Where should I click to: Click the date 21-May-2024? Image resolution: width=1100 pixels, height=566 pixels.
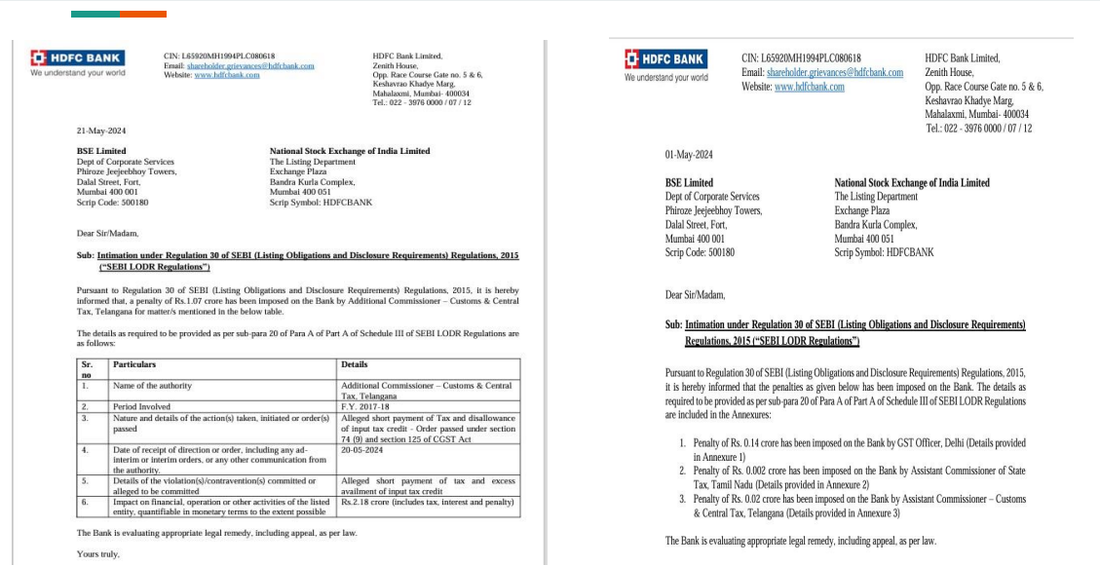click(101, 131)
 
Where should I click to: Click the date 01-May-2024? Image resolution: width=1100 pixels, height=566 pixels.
click(689, 155)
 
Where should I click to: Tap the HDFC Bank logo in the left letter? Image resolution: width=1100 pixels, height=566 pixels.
click(77, 58)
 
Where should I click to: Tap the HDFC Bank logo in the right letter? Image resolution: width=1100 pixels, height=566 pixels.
click(666, 58)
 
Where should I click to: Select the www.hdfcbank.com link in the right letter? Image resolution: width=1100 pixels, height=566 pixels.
click(809, 87)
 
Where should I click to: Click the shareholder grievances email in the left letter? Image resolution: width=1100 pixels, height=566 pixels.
click(250, 66)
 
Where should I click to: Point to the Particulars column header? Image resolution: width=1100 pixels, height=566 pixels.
click(134, 364)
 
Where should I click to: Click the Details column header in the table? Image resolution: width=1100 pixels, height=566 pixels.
click(354, 364)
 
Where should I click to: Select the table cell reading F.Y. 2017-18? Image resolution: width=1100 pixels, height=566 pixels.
click(360, 406)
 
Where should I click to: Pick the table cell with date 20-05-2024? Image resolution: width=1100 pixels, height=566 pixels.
click(362, 451)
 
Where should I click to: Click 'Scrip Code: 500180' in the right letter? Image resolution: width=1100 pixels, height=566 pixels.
click(700, 252)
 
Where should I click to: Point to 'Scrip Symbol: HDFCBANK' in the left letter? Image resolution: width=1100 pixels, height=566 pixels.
click(321, 203)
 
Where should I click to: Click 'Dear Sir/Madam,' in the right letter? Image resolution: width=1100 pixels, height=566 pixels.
click(695, 294)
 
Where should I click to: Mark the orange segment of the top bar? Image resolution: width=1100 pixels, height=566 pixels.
click(143, 15)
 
